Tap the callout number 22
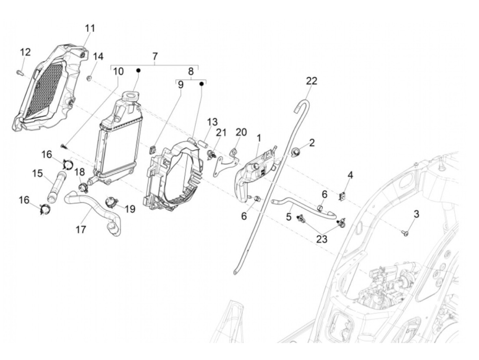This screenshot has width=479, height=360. coord(312,81)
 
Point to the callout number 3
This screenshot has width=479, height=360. coord(416,214)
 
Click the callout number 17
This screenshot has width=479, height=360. coord(81,229)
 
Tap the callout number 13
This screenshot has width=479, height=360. coord(212,121)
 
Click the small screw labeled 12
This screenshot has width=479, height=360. coord(19,72)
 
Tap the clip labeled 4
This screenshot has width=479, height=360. coord(342,196)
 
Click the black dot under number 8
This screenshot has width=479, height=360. coord(202,83)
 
